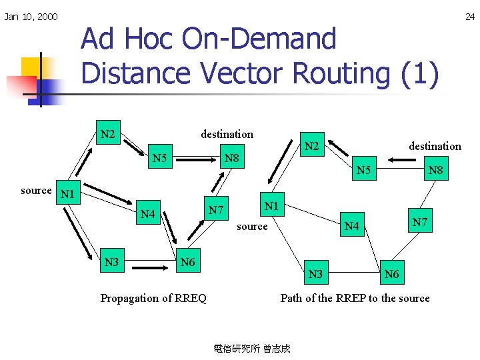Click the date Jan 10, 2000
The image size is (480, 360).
[31, 17]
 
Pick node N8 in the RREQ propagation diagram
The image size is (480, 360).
[232, 159]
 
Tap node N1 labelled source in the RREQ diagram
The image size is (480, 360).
[67, 195]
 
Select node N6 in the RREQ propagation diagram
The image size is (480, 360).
[188, 262]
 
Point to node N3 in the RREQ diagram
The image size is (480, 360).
[111, 262]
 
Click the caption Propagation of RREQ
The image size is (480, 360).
[153, 298]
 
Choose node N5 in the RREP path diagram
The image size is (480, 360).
[364, 171]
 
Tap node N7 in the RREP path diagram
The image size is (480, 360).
[420, 221]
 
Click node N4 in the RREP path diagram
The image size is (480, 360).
[351, 227]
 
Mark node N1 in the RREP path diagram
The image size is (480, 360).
[271, 206]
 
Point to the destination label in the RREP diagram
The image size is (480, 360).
[435, 146]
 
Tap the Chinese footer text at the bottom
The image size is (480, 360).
[252, 348]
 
